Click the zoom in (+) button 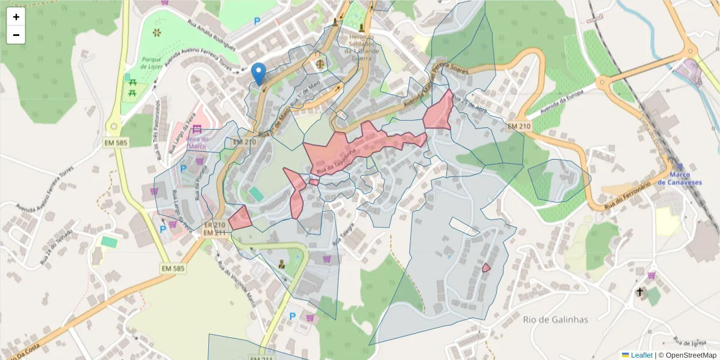pos(16,17)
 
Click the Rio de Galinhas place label pos(555,319)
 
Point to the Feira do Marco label pos(197,142)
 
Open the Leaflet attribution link pos(641,355)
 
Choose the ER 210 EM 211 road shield pos(214,229)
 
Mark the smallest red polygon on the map pos(486,268)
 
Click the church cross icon pos(640,292)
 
